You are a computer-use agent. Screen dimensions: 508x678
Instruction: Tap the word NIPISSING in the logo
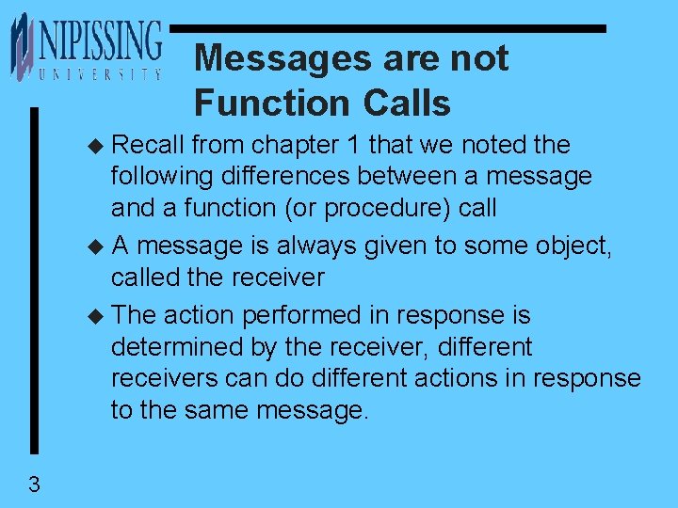[99, 41]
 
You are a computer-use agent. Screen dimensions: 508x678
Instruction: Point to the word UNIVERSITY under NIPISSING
[99, 73]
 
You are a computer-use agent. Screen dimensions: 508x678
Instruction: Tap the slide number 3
[34, 485]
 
